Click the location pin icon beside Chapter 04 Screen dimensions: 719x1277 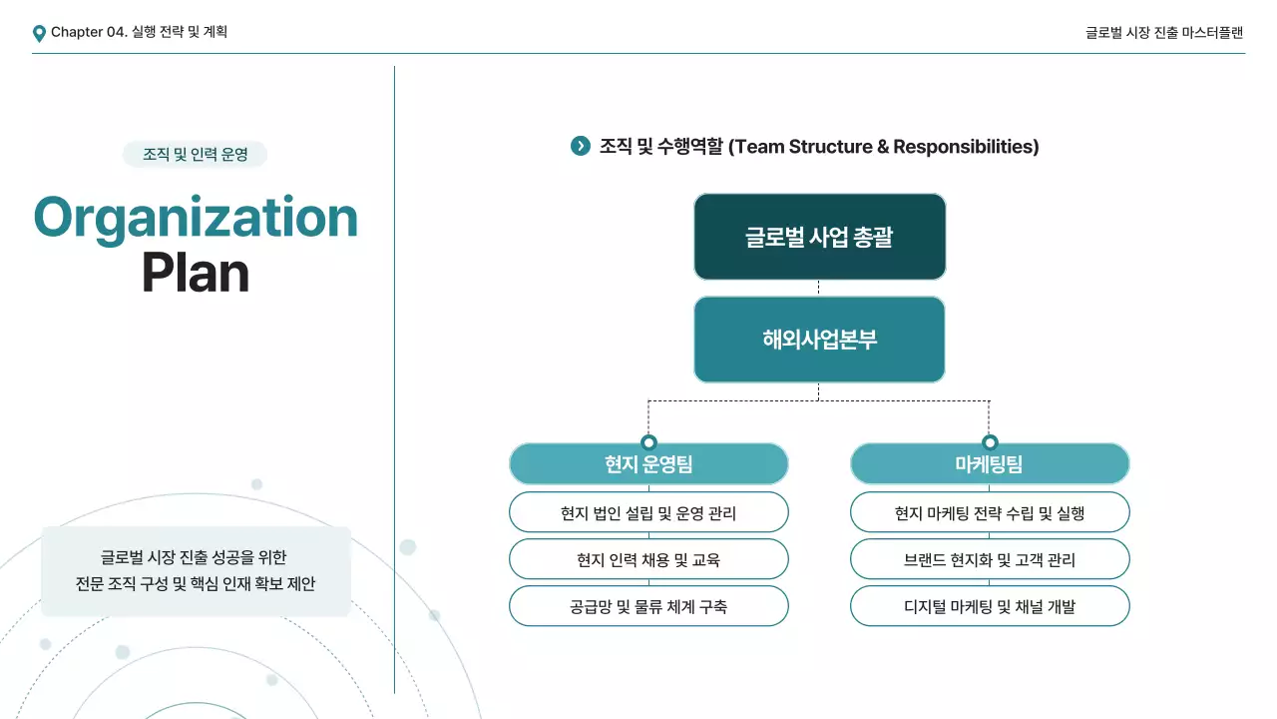pyautogui.click(x=39, y=33)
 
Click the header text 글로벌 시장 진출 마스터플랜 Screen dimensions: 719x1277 pyautogui.click(x=1164, y=32)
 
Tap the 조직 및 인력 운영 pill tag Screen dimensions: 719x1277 pyautogui.click(x=195, y=155)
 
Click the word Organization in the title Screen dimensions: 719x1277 pyautogui.click(x=196, y=217)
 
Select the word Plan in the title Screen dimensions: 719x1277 pyautogui.click(x=195, y=272)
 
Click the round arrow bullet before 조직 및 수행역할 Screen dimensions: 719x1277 pyautogui.click(x=580, y=146)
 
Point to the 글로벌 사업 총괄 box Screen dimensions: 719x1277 pyautogui.click(x=819, y=237)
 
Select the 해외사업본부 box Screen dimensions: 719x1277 pyautogui.click(x=819, y=340)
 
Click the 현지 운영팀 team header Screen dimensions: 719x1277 pyautogui.click(x=648, y=464)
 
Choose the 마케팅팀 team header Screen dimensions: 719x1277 pyautogui.click(x=990, y=464)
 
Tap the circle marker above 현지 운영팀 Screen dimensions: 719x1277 pyautogui.click(x=648, y=442)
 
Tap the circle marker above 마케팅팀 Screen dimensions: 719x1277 pyautogui.click(x=990, y=442)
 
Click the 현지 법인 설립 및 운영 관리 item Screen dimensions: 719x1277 pyautogui.click(x=648, y=513)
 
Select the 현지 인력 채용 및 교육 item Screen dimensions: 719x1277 pyautogui.click(x=648, y=559)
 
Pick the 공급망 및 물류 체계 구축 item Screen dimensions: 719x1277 pyautogui.click(x=648, y=606)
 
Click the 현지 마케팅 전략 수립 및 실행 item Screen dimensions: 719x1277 pyautogui.click(x=990, y=513)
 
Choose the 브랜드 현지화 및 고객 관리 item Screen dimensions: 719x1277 pyautogui.click(x=990, y=559)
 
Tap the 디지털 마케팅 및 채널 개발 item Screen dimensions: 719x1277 pyautogui.click(x=990, y=606)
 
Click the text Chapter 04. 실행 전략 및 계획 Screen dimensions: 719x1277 pyautogui.click(x=139, y=32)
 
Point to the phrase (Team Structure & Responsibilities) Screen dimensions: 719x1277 pyautogui.click(x=883, y=147)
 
